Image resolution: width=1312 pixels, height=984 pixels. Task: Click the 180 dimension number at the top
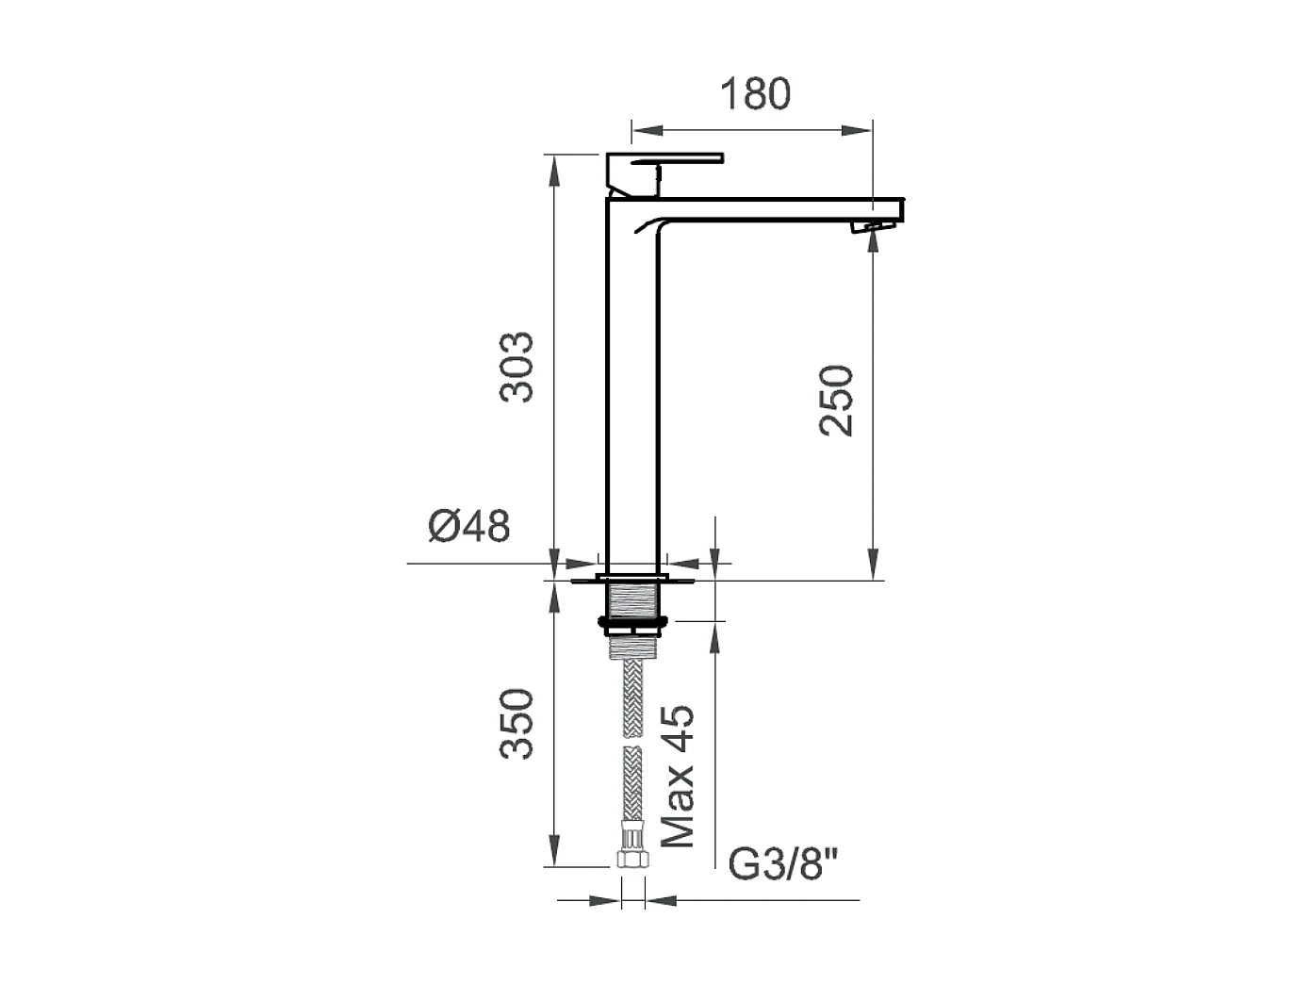tap(755, 94)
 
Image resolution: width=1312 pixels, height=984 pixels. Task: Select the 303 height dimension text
tap(517, 367)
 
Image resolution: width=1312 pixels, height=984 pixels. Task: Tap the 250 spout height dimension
tap(836, 401)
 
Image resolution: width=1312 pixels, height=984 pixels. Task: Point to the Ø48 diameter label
tap(469, 526)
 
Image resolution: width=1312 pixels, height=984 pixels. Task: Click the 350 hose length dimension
tap(517, 724)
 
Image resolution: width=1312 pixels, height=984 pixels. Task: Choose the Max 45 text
tap(678, 777)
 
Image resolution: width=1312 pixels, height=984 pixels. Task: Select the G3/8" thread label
tap(783, 864)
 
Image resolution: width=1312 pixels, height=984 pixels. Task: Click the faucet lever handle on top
tap(664, 174)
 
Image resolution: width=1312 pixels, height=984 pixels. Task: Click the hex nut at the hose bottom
tap(633, 860)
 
